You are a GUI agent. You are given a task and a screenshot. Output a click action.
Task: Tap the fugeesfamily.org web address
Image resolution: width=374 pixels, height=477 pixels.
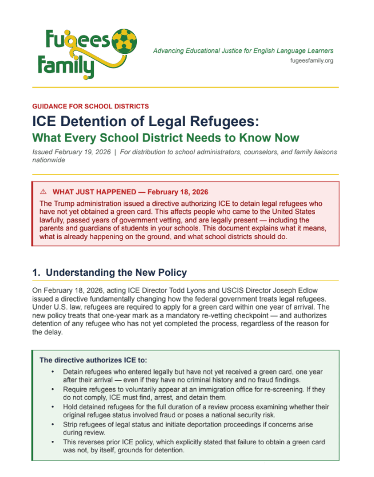[x=312, y=60]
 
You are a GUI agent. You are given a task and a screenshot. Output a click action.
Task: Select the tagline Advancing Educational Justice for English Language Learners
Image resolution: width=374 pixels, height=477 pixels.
[x=243, y=50]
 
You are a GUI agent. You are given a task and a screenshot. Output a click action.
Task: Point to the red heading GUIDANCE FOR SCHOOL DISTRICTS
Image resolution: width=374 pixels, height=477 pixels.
[x=90, y=106]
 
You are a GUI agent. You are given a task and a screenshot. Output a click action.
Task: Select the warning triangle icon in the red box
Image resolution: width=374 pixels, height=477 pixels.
[x=43, y=191]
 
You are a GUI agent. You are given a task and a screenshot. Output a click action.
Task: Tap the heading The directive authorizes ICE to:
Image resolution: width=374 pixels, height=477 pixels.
[x=93, y=360]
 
